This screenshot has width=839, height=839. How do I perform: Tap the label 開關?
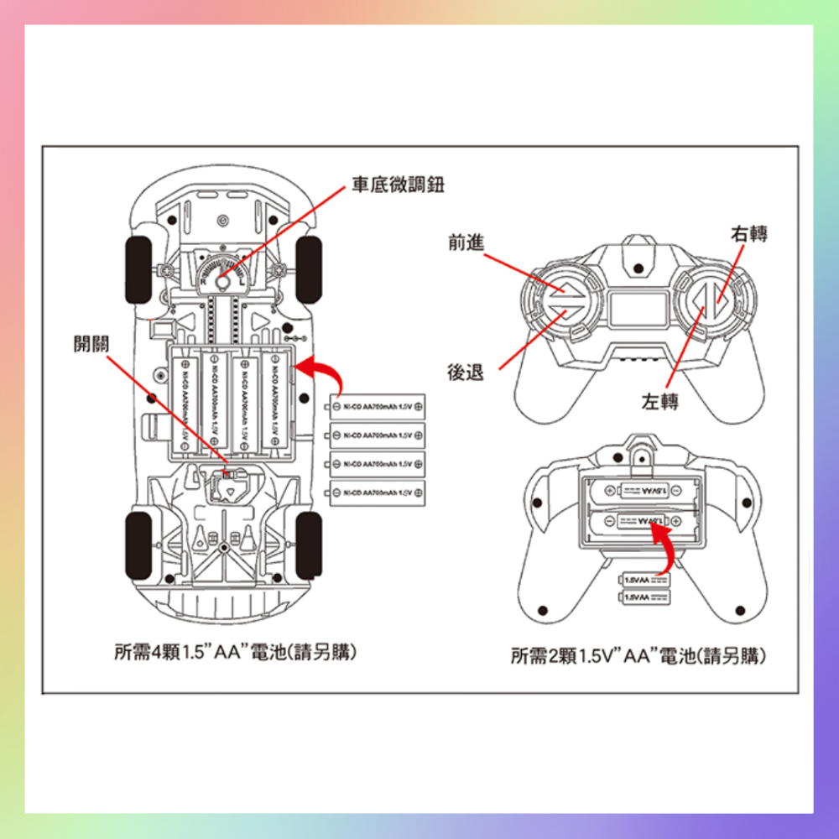click(x=91, y=343)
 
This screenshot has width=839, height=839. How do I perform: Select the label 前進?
click(x=466, y=242)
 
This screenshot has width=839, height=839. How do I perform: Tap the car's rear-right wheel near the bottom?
click(x=309, y=544)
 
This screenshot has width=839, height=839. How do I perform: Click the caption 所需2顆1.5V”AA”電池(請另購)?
click(x=638, y=655)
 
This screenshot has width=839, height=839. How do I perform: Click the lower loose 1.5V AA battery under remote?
click(x=644, y=597)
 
